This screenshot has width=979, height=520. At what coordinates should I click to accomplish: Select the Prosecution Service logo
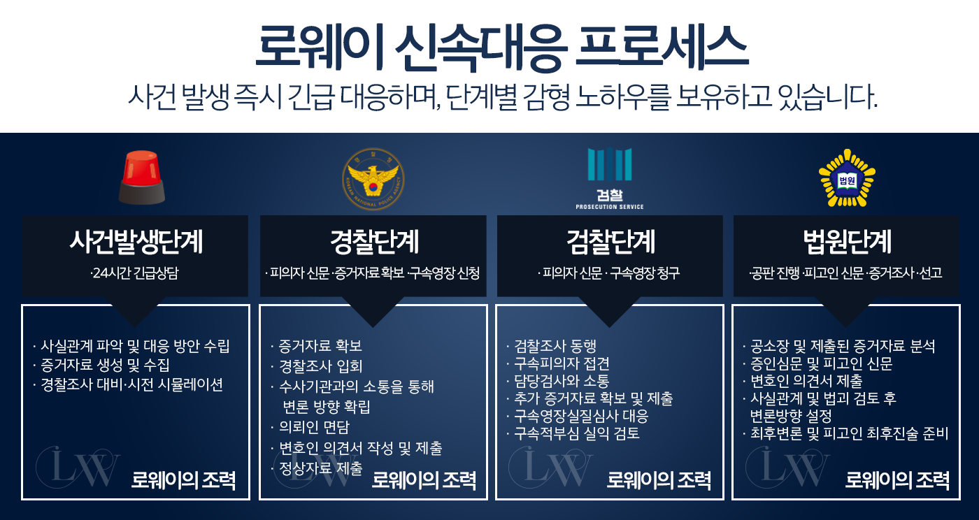tap(609, 179)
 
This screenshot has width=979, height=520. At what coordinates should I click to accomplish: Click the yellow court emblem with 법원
tap(847, 178)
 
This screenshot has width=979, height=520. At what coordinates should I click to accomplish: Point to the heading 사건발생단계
tap(136, 243)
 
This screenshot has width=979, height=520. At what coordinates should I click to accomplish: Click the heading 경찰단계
tap(373, 243)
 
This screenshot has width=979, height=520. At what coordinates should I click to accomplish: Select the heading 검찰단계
tap(610, 243)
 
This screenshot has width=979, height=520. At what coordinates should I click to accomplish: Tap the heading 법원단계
tap(847, 243)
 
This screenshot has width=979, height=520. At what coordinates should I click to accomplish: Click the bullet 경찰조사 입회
tap(320, 366)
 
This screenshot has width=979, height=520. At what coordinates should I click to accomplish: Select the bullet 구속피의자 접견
tap(561, 363)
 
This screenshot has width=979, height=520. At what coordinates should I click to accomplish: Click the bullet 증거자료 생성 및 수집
tap(105, 365)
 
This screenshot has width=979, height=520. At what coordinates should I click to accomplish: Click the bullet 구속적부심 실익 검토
tap(576, 433)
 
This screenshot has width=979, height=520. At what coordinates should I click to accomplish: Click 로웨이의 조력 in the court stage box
tap(897, 480)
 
